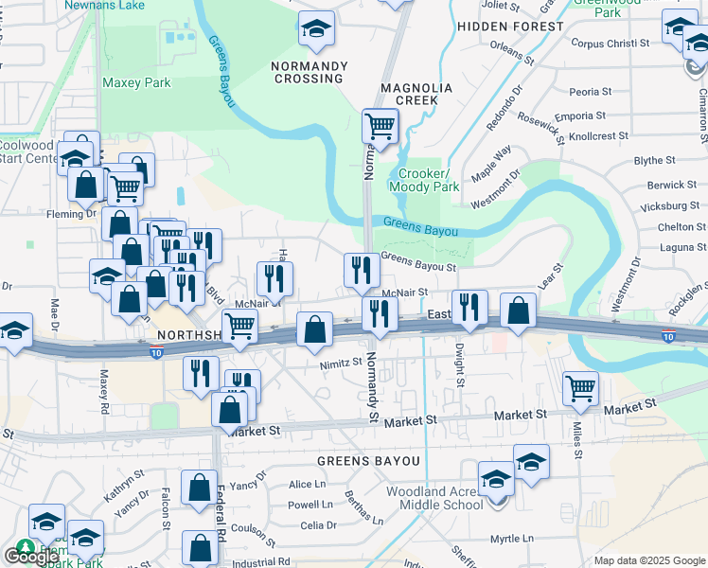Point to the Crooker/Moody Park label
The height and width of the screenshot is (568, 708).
click(429, 181)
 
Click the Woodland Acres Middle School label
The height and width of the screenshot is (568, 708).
click(434, 498)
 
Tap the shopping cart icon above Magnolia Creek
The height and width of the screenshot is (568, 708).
click(381, 125)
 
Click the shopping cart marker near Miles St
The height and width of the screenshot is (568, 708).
click(580, 386)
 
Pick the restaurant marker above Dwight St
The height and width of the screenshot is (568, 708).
click(469, 307)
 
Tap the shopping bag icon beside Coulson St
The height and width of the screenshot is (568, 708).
click(200, 547)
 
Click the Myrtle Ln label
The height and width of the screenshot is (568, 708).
click(513, 539)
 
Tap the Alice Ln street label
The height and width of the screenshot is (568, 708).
click(307, 485)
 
